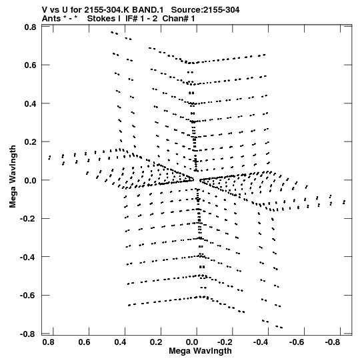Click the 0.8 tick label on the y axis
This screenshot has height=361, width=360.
click(31, 27)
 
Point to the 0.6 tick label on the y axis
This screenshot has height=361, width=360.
click(31, 65)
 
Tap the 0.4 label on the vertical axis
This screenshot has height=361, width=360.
click(31, 103)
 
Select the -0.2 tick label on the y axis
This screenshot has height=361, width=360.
click(28, 218)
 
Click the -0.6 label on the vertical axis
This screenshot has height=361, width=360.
click(28, 295)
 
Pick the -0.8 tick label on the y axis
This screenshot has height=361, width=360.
click(28, 334)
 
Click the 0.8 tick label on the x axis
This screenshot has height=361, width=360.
click(49, 342)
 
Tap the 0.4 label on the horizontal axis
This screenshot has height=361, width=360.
click(120, 342)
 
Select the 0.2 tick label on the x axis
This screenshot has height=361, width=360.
click(156, 342)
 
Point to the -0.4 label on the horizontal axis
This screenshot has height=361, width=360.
click(261, 342)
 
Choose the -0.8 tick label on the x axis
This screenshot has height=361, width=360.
click(333, 342)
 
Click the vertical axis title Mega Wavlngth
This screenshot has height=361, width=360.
click(13, 177)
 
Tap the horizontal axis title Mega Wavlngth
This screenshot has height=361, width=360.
click(201, 351)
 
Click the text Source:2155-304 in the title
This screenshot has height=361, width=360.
click(205, 10)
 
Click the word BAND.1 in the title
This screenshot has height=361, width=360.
click(148, 10)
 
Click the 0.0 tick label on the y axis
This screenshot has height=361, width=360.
click(31, 180)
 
